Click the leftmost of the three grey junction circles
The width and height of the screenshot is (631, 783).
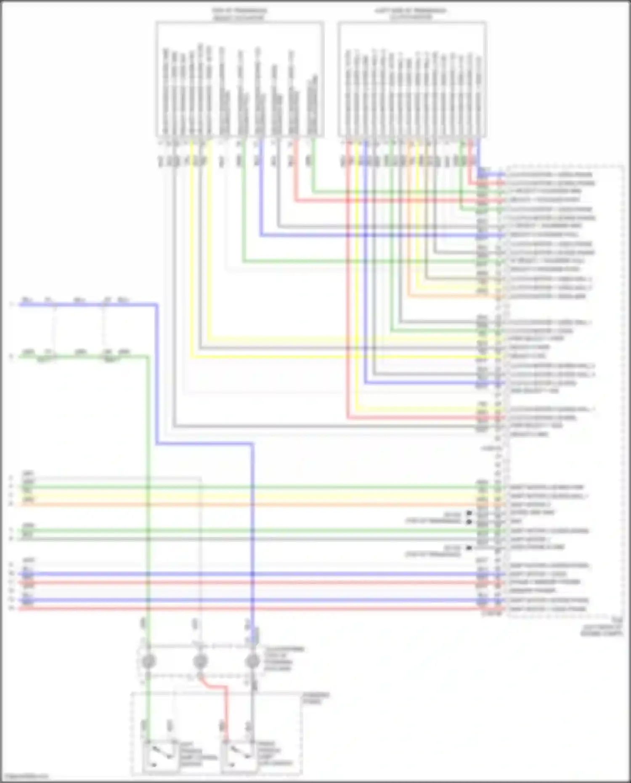pos(148,661)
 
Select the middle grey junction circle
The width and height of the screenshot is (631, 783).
pos(200,661)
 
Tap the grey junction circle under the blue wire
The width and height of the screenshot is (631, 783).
pos(252,661)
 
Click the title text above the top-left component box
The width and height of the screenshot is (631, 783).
pos(239,14)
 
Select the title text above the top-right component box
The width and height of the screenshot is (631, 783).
pos(411,14)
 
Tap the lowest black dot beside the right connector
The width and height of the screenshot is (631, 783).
pos(469,548)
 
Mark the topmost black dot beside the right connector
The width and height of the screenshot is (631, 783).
pos(469,513)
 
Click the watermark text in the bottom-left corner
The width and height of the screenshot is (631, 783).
pos(24,777)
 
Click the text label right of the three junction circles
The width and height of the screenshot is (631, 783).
pos(284,659)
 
